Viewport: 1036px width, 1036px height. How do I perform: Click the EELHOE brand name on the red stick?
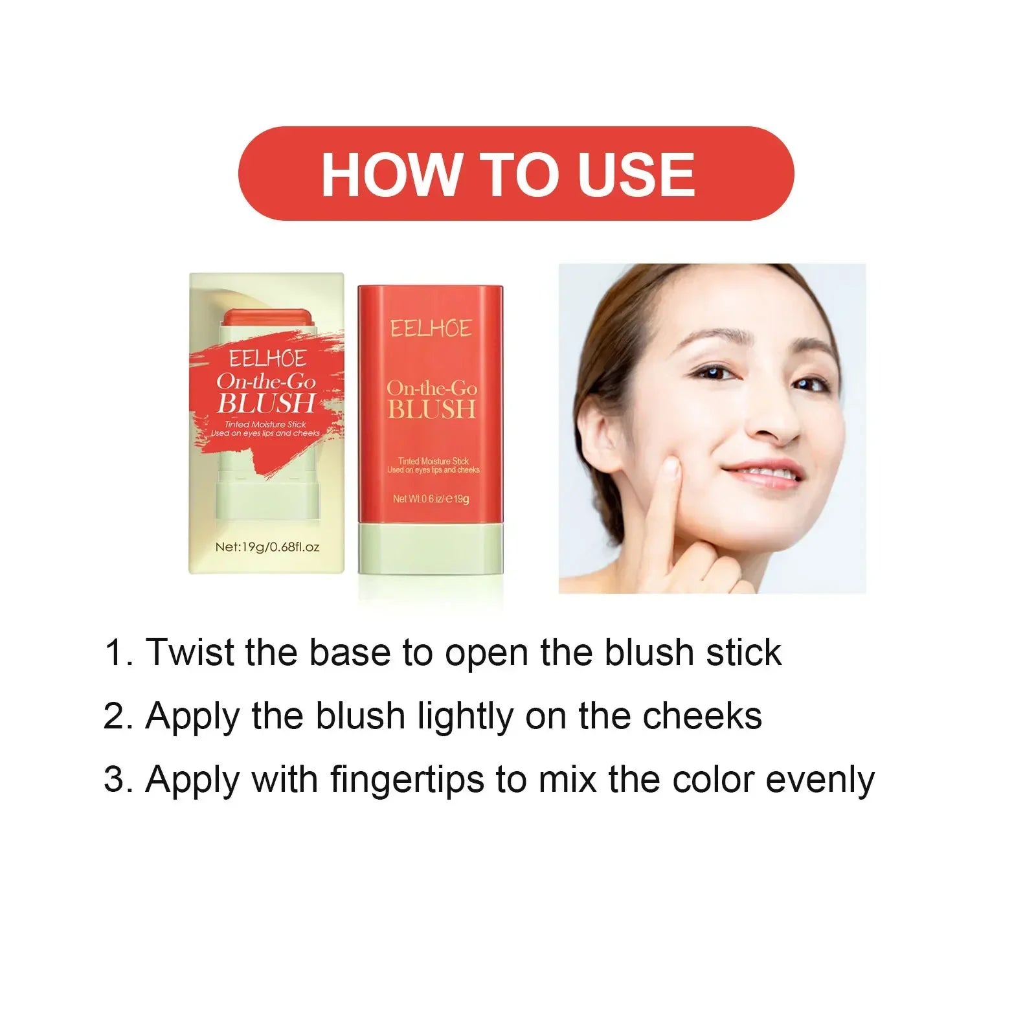[431, 329]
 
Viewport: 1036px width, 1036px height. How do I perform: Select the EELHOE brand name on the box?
[267, 358]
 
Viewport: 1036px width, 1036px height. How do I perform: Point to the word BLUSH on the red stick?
[432, 409]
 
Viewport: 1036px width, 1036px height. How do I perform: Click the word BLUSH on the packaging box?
[265, 403]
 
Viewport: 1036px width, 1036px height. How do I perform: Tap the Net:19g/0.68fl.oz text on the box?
[267, 547]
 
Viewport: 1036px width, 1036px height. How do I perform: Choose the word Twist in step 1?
[190, 652]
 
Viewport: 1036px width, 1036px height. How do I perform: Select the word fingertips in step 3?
[407, 780]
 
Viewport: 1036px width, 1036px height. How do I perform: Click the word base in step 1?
[350, 652]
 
